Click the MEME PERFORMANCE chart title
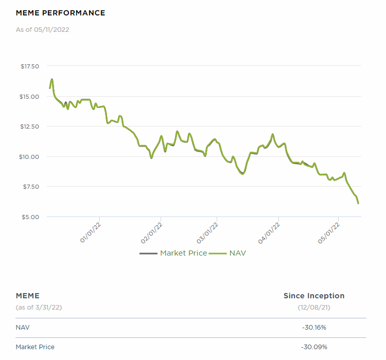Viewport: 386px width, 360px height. (x=60, y=13)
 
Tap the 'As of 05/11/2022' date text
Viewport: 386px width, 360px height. (x=42, y=29)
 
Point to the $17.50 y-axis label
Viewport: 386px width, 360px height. (x=30, y=66)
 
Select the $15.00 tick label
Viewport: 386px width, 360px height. (x=30, y=96)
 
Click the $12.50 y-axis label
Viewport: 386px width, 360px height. (x=30, y=127)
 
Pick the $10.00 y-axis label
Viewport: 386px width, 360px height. (x=30, y=156)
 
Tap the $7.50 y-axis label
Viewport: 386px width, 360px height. (x=31, y=186)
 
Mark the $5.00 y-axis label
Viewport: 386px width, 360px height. (x=31, y=217)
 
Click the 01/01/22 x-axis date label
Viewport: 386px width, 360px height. (x=91, y=232)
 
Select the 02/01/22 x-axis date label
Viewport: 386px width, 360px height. (x=152, y=232)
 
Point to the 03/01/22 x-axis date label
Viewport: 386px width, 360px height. (x=207, y=232)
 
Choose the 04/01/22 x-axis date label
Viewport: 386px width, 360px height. (x=269, y=232)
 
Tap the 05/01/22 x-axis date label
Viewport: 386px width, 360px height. (x=329, y=232)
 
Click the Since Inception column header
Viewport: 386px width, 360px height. (x=314, y=296)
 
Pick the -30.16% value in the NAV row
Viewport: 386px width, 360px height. (x=314, y=327)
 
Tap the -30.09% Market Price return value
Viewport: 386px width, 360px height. (x=314, y=347)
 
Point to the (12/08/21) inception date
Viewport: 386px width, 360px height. (x=314, y=307)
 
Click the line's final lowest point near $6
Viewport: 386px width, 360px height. (x=358, y=203)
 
